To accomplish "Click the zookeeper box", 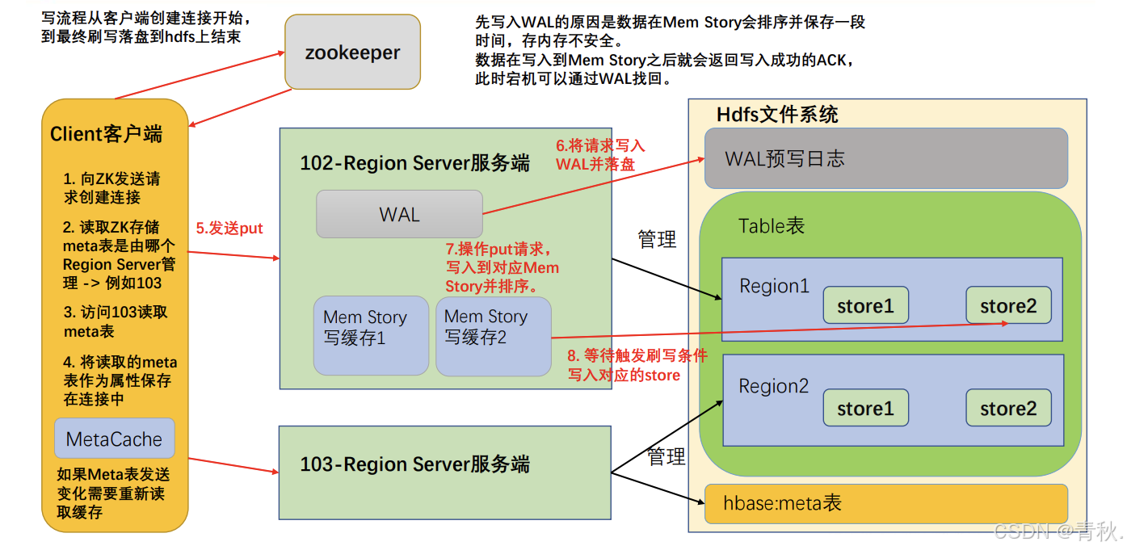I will [352, 52].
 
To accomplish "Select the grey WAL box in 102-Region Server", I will [399, 214].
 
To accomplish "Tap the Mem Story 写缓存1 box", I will [370, 336].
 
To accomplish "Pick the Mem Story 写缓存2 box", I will [493, 336].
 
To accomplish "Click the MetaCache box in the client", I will [114, 439].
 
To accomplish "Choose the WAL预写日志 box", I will [885, 158].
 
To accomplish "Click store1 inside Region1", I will [865, 306].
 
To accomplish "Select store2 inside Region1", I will [1008, 306].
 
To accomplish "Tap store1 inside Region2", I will [865, 408].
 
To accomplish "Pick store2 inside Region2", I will [1008, 408].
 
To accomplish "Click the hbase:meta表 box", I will [885, 504].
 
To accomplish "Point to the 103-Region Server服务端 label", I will [414, 464].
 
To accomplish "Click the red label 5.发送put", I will [229, 229].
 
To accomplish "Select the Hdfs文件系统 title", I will [777, 114].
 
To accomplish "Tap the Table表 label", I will [772, 225].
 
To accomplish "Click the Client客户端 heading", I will [106, 134].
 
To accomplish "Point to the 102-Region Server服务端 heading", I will [414, 163].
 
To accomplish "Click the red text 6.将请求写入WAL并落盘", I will [600, 154].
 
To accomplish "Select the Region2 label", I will [773, 386].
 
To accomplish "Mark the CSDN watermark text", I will [1058, 531].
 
